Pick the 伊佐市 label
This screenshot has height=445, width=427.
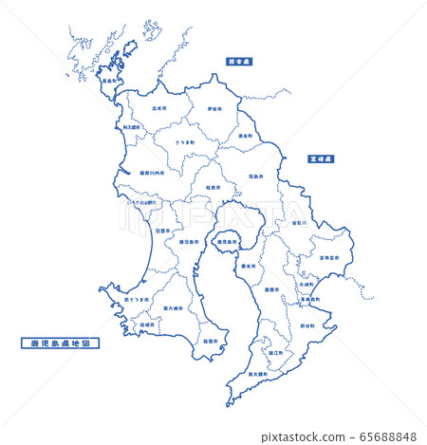[214, 109]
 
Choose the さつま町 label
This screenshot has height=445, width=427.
[186, 142]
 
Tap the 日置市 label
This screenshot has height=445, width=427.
[163, 230]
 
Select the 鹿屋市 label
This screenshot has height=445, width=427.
[272, 290]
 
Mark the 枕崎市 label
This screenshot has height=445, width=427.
[147, 324]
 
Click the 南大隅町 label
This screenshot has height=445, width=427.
[256, 374]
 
